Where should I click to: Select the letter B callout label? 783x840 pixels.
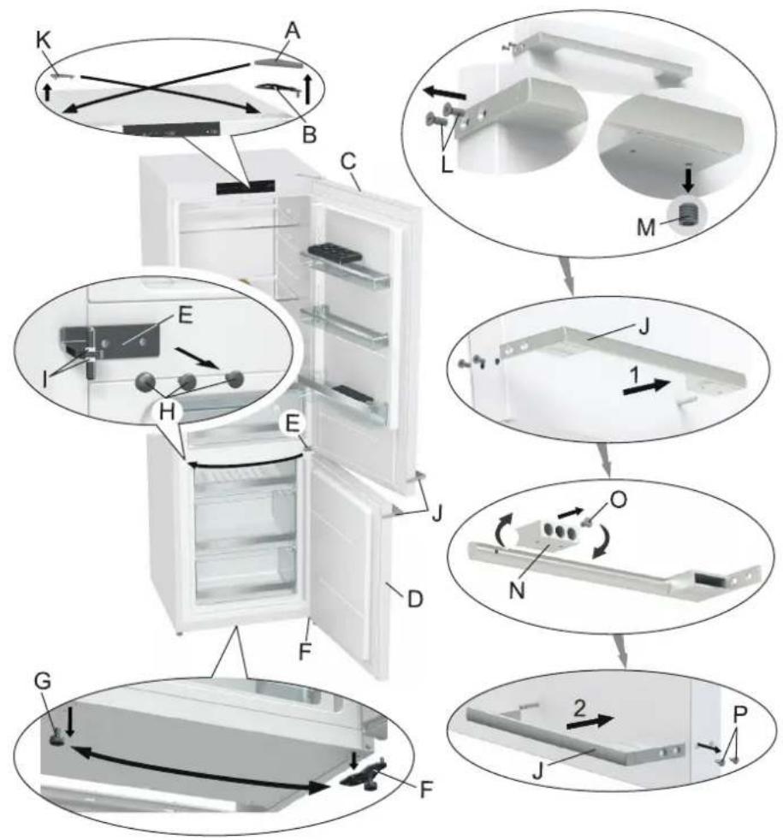click(x=309, y=134)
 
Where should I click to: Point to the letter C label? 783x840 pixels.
click(x=349, y=162)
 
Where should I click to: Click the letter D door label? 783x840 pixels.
click(x=415, y=599)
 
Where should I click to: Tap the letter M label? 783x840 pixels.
click(x=646, y=228)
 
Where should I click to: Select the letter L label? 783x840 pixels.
click(x=447, y=164)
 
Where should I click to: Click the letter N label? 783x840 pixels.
click(x=517, y=590)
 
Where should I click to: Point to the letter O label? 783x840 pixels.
click(x=618, y=500)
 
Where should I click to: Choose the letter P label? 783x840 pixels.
click(x=740, y=713)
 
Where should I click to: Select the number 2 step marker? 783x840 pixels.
click(x=579, y=709)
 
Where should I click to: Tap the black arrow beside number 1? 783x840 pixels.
click(x=647, y=387)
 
